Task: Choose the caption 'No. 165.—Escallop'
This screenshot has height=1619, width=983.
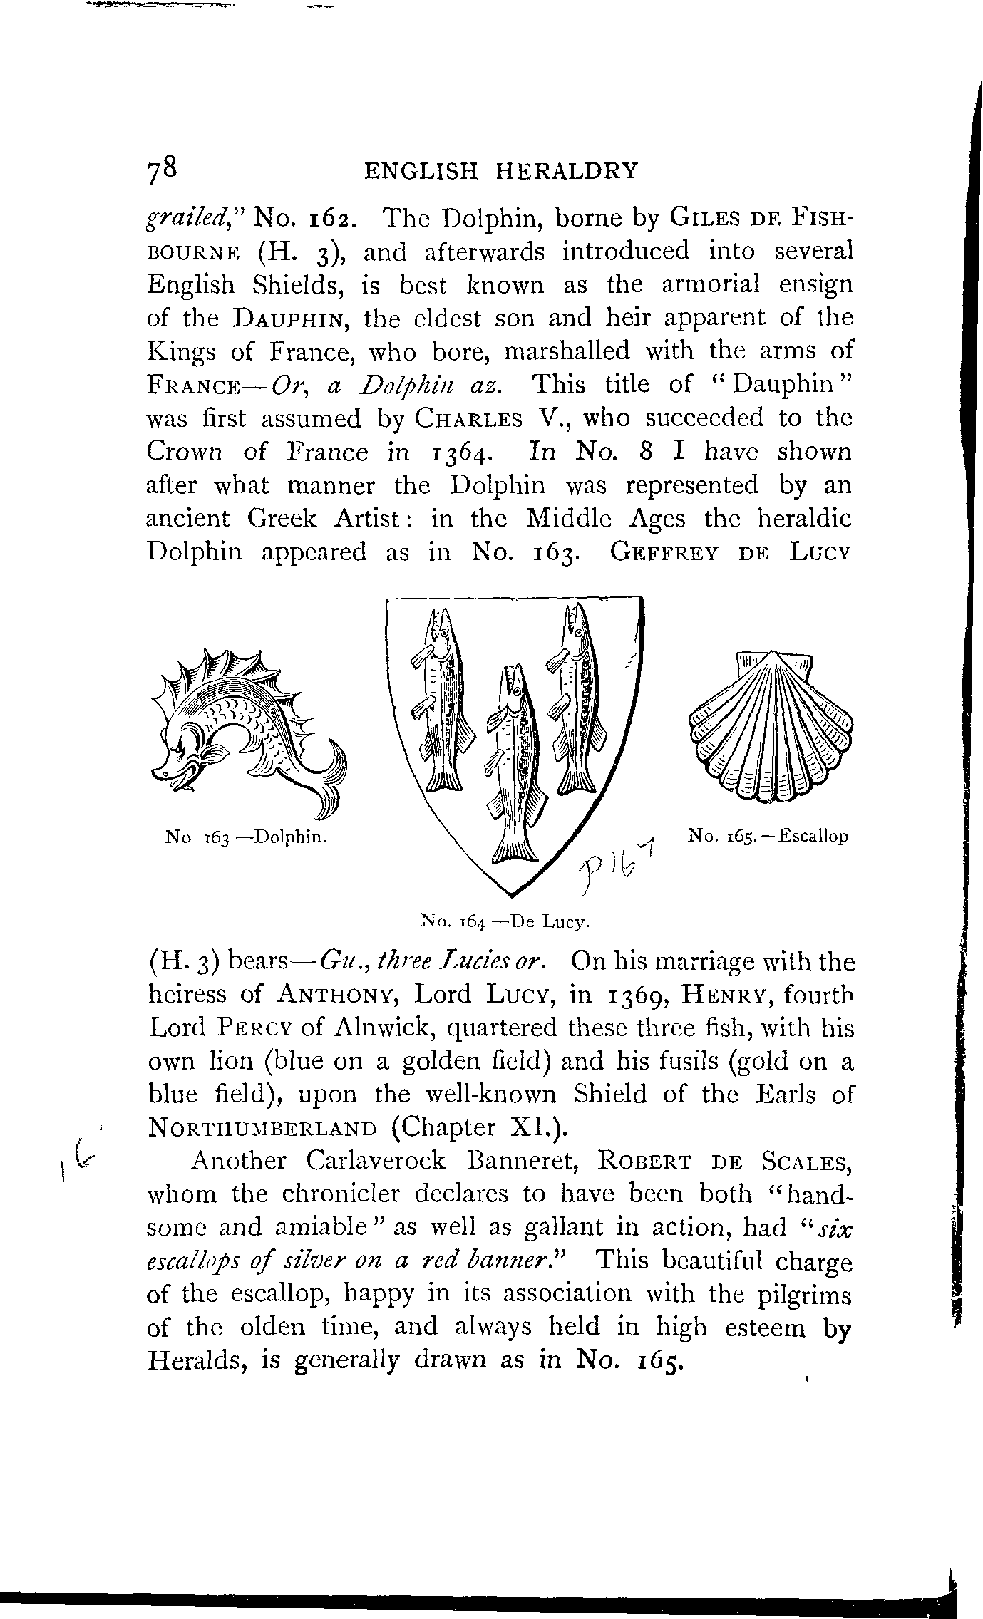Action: [768, 836]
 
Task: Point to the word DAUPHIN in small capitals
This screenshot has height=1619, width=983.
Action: [289, 319]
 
